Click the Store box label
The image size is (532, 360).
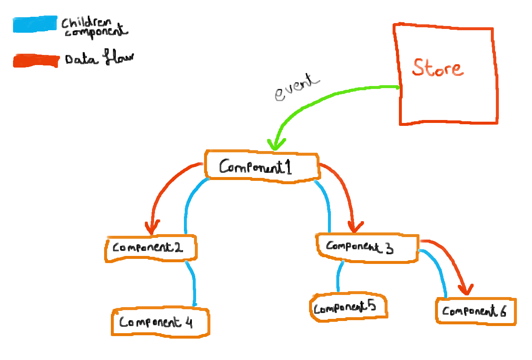click(x=438, y=68)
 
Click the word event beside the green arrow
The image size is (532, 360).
click(x=297, y=87)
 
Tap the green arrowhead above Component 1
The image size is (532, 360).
click(x=276, y=144)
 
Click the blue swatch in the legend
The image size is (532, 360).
click(x=35, y=24)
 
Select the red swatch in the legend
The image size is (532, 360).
click(x=36, y=61)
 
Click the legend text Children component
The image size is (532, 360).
click(x=94, y=28)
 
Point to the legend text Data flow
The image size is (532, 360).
click(x=100, y=57)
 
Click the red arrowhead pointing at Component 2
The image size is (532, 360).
click(x=152, y=227)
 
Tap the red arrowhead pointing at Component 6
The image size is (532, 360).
click(x=466, y=289)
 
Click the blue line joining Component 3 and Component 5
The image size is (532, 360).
click(x=339, y=276)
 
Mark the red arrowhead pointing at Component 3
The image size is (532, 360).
click(x=355, y=227)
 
